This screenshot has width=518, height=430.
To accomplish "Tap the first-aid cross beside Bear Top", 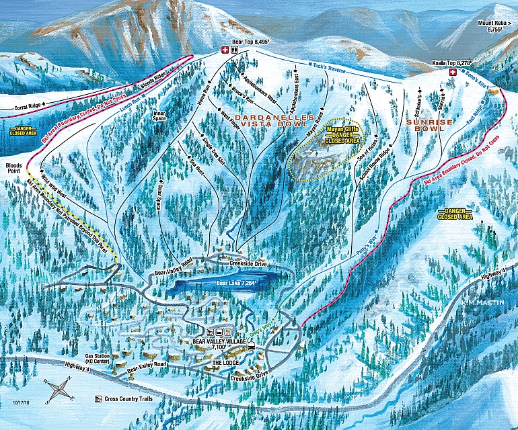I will click(x=225, y=49).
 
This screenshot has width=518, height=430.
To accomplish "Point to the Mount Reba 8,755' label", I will click(x=496, y=26).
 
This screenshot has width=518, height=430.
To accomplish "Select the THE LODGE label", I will click(x=227, y=362).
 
